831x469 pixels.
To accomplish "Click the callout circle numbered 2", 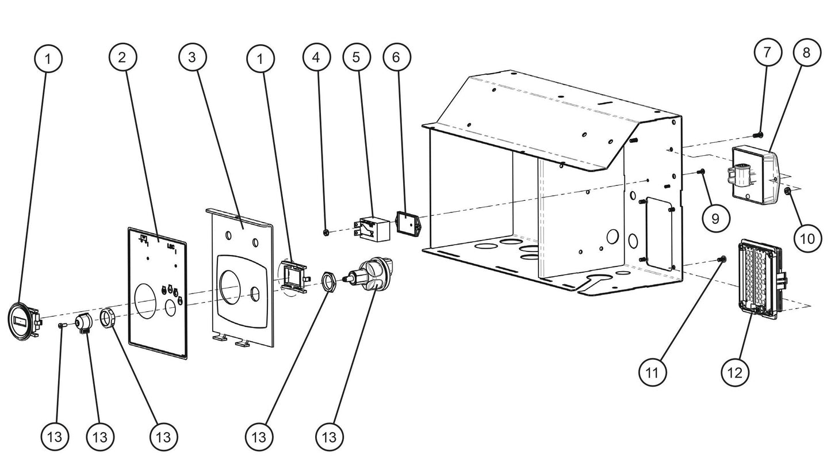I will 122,58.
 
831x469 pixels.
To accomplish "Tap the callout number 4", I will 317,57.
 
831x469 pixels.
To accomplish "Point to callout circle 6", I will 396,57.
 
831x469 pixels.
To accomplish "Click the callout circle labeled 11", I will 653,372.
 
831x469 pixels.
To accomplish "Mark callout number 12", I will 734,372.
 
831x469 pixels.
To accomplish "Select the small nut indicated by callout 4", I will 327,232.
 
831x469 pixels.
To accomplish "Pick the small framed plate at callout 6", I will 408,223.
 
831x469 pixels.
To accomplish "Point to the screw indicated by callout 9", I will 700,171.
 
